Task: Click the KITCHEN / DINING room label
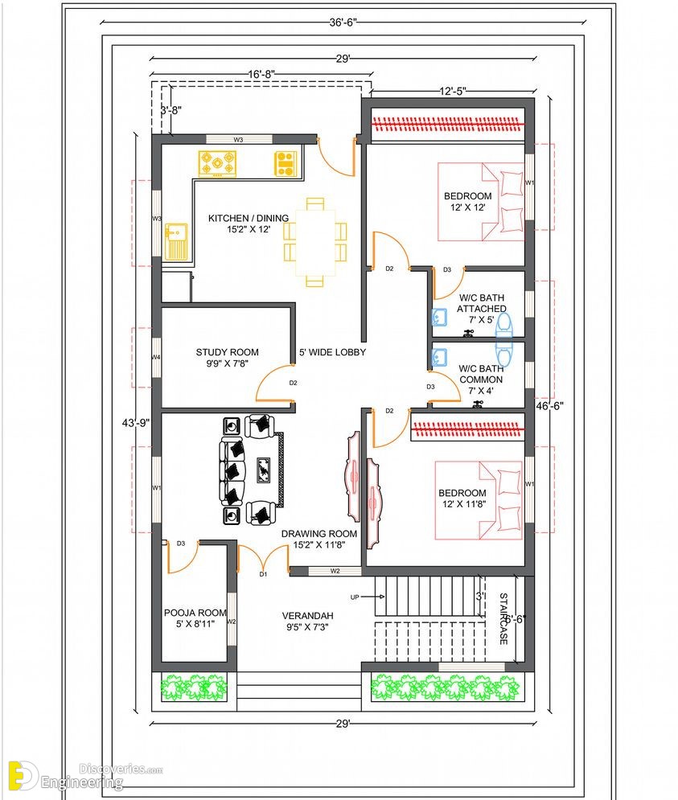tap(249, 218)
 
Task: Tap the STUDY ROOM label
tap(227, 352)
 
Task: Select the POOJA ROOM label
tap(195, 613)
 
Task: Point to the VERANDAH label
tap(307, 616)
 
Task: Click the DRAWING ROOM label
tap(319, 534)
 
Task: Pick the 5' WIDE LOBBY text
tap(332, 352)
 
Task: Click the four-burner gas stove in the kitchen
tap(217, 164)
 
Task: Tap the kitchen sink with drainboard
tap(176, 241)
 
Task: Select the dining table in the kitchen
tap(315, 242)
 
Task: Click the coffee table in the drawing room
tap(264, 470)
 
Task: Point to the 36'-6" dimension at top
tap(343, 23)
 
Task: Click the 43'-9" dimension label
tap(136, 423)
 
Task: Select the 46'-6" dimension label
tap(550, 405)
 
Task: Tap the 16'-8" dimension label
tap(262, 74)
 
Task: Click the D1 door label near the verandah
tap(263, 574)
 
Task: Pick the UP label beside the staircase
tap(355, 597)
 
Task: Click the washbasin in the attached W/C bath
tap(440, 318)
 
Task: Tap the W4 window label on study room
tap(156, 357)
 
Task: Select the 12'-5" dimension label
tap(452, 92)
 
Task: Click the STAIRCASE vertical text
tap(503, 618)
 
